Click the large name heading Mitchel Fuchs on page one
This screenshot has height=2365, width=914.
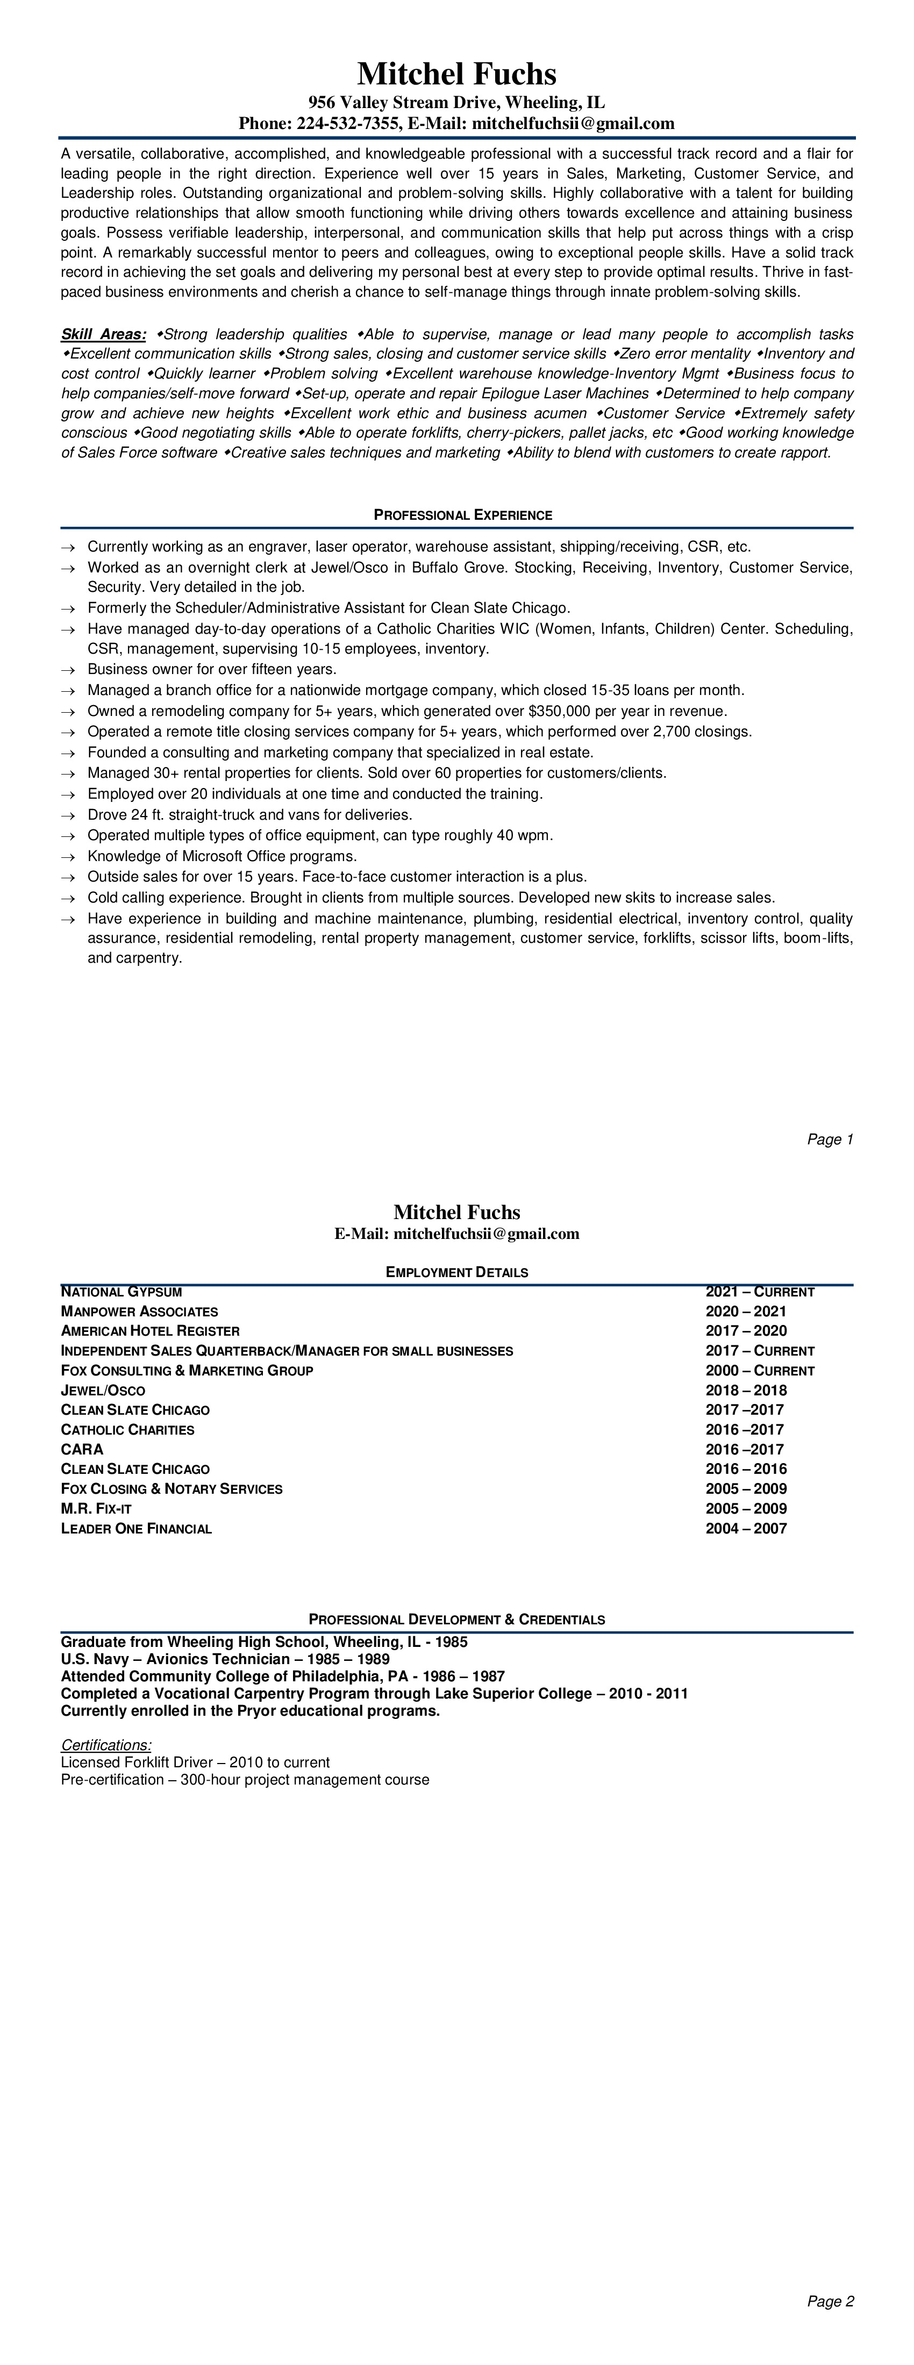coord(456,74)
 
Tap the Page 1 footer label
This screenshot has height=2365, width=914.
coord(831,1139)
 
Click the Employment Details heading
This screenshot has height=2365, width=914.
coord(456,1272)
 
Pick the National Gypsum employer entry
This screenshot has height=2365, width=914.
coord(122,1292)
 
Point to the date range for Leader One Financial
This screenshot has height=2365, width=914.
coord(746,1529)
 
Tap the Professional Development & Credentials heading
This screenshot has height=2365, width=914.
coord(456,1619)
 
